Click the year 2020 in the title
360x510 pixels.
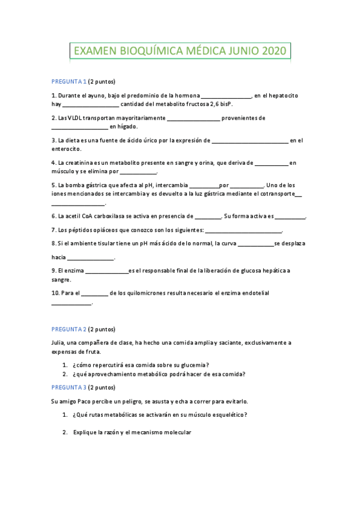274,52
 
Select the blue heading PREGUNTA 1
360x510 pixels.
69,82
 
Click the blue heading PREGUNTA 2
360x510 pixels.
69,330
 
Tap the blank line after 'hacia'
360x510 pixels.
91,259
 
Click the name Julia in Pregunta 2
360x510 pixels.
58,343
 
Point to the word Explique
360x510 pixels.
86,432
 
